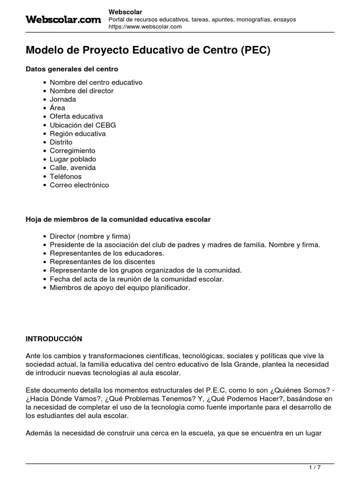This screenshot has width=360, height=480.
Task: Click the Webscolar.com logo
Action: (63, 19)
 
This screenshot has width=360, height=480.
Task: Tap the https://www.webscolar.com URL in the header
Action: (145, 27)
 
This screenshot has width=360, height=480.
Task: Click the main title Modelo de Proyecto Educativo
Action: (148, 51)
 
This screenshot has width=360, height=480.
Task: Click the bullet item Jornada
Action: (63, 99)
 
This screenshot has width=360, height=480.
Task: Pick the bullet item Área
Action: (58, 108)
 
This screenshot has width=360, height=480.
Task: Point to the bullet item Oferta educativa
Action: (76, 116)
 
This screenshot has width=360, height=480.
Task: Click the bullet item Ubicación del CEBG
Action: (82, 125)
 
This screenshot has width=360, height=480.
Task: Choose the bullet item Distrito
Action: (61, 142)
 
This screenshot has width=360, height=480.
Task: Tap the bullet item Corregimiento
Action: (73, 150)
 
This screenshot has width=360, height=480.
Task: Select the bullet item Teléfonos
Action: (66, 176)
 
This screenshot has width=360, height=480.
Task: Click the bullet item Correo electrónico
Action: (79, 185)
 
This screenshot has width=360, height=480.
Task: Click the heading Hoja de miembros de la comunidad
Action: (118, 219)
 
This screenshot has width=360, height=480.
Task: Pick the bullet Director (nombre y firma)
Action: (90, 236)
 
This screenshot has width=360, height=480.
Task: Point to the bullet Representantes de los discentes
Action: (102, 262)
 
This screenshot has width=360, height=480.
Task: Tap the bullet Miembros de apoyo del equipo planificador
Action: (120, 287)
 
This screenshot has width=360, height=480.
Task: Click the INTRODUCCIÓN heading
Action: (54, 338)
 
